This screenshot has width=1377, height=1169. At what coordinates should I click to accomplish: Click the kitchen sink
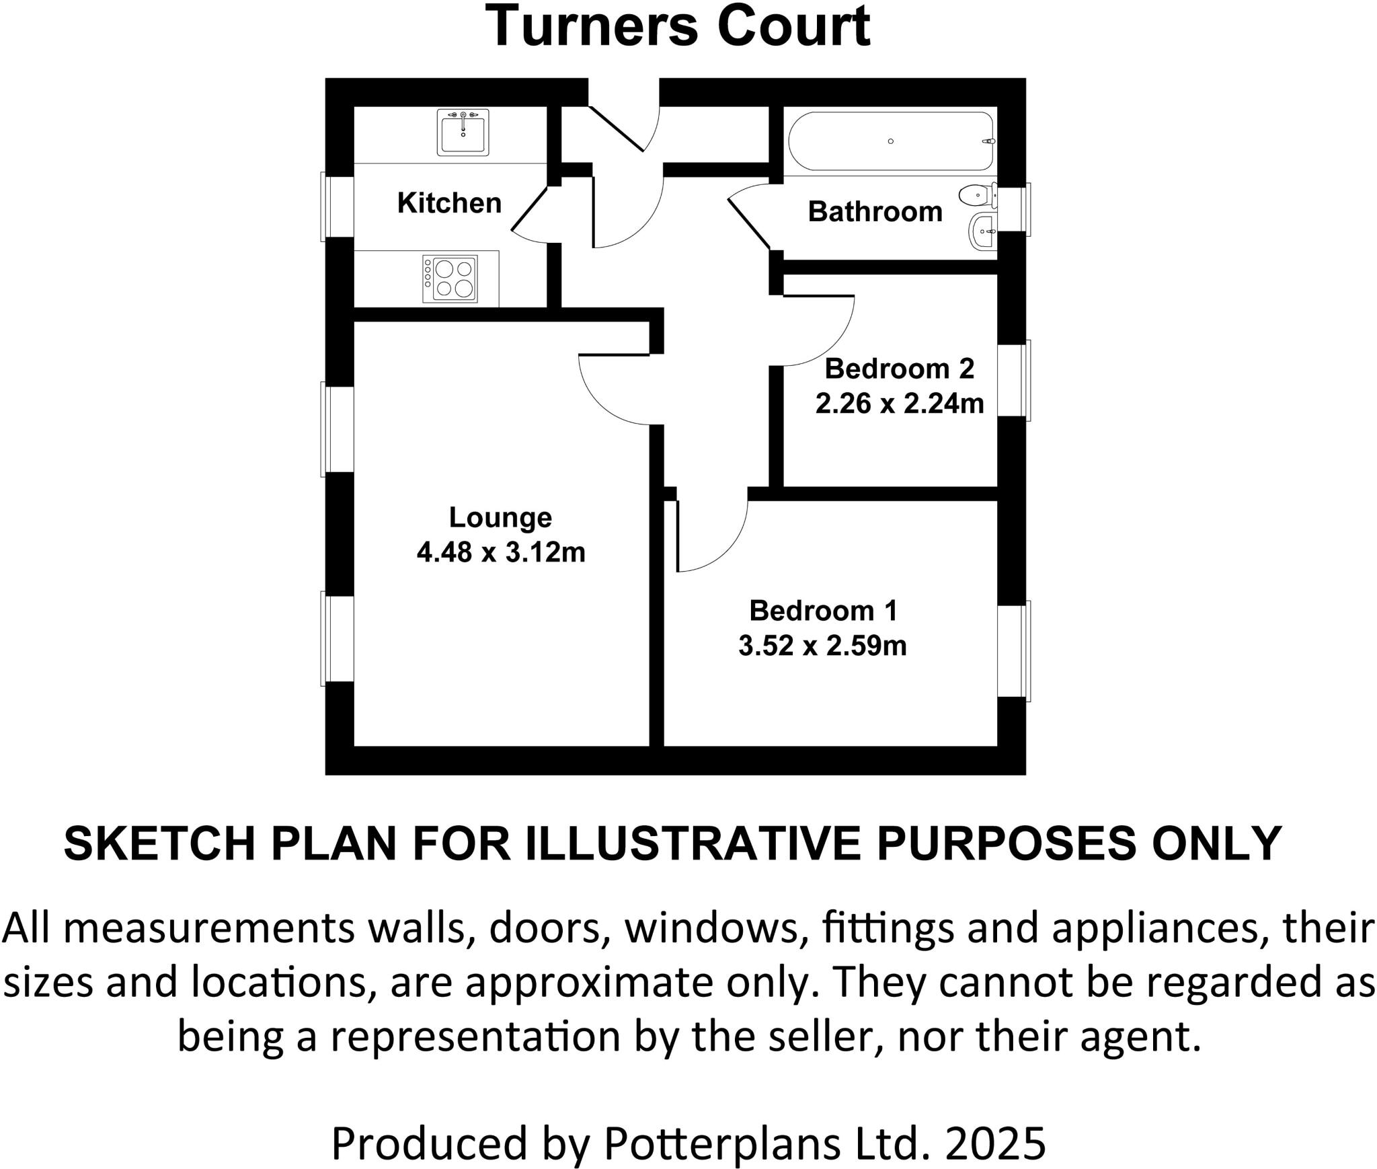pyautogui.click(x=463, y=133)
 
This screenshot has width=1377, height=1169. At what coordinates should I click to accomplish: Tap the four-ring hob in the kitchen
pyautogui.click(x=450, y=278)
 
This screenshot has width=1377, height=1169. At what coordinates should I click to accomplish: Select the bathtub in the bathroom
pyautogui.click(x=891, y=141)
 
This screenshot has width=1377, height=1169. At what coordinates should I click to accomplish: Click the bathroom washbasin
pyautogui.click(x=983, y=232)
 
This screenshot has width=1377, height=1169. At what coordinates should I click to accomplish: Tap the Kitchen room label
pyautogui.click(x=449, y=202)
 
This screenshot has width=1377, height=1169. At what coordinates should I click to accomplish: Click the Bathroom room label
pyautogui.click(x=875, y=211)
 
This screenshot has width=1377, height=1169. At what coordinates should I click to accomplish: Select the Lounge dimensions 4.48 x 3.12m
pyautogui.click(x=501, y=552)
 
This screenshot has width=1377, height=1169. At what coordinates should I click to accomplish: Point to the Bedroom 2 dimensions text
pyautogui.click(x=900, y=403)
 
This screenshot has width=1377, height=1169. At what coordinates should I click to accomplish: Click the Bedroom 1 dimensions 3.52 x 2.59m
pyautogui.click(x=822, y=645)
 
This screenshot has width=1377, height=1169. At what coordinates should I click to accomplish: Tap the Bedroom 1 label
pyautogui.click(x=823, y=610)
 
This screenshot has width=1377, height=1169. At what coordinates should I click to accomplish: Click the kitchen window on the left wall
pyautogui.click(x=336, y=206)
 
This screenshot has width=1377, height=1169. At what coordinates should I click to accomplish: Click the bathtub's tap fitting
pyautogui.click(x=988, y=141)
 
